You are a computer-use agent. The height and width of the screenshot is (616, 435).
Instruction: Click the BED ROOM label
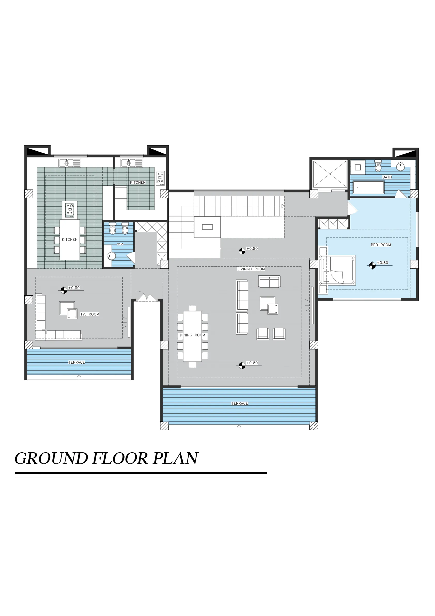[x=380, y=245]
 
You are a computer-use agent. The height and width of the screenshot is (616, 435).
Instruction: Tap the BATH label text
[x=387, y=177]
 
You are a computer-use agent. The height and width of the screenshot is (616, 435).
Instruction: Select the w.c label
[x=120, y=244]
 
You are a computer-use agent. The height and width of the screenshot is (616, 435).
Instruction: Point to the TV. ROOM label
[x=90, y=314]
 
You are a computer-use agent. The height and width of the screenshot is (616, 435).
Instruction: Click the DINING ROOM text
[x=192, y=335]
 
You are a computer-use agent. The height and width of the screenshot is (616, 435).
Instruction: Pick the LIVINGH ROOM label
[x=251, y=269]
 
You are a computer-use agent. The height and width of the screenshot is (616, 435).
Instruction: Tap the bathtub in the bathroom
[x=369, y=187]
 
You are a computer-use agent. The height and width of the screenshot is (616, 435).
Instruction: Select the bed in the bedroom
[x=337, y=270]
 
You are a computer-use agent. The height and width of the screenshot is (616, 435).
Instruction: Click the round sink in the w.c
[x=111, y=256]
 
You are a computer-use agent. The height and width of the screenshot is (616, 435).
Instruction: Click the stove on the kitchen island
[x=70, y=210]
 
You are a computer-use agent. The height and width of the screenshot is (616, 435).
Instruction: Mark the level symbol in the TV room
[x=64, y=290]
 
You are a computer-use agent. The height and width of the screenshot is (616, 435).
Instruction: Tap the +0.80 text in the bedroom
[x=382, y=263]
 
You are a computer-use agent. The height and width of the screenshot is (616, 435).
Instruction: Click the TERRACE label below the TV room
[x=77, y=363]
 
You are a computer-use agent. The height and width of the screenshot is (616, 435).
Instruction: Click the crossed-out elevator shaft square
[x=330, y=174]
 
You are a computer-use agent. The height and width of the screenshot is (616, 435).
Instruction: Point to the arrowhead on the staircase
[x=283, y=206]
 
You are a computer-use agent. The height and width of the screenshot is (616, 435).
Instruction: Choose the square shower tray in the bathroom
[x=358, y=167]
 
